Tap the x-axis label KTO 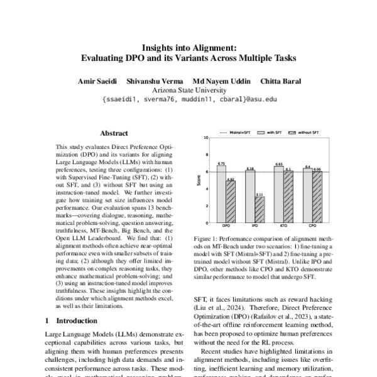[x=283, y=224]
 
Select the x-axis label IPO [x=254, y=224]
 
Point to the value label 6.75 [x=221, y=163]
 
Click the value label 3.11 [x=260, y=194]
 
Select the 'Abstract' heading [x=114, y=133]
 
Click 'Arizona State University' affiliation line [x=188, y=90]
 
